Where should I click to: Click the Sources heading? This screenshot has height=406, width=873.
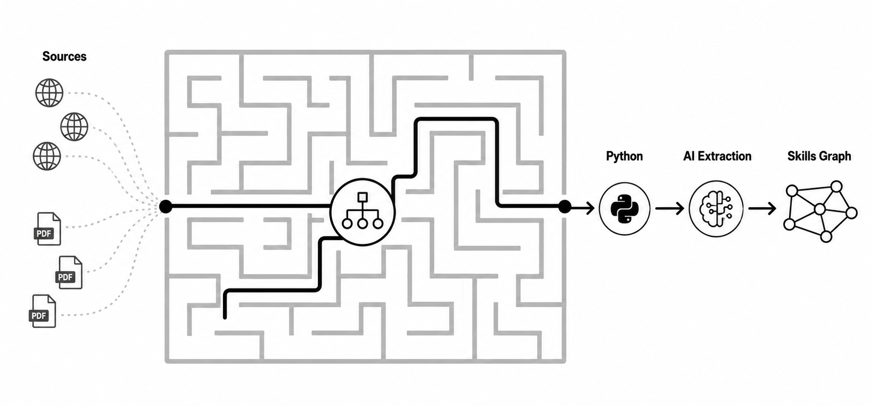tap(64, 57)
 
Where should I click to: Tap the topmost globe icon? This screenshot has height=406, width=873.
tap(49, 93)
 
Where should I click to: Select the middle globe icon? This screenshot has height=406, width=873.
tap(74, 127)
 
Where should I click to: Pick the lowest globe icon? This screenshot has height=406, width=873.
tap(47, 156)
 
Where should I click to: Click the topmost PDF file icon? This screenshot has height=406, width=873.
tap(48, 229)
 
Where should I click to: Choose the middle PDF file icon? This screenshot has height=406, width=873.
tap(69, 272)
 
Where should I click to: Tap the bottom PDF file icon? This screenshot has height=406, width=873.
tap(43, 311)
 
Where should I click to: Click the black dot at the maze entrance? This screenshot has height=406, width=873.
tap(166, 206)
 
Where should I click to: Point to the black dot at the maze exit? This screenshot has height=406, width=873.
tap(565, 207)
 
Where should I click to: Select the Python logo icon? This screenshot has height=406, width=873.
tap(624, 209)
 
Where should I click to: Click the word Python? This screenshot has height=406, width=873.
tap(624, 156)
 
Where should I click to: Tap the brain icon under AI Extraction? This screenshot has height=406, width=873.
tap(716, 209)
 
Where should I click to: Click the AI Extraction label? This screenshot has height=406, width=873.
tap(717, 156)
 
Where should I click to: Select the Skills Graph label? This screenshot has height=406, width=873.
tap(819, 156)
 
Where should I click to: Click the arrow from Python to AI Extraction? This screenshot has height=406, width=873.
tap(670, 208)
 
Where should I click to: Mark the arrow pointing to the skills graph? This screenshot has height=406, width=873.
tap(762, 208)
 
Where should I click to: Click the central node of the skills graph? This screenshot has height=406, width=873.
tap(820, 209)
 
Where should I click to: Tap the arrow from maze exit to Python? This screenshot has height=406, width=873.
tap(583, 208)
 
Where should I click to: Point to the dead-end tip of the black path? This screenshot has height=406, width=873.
tap(225, 318)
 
